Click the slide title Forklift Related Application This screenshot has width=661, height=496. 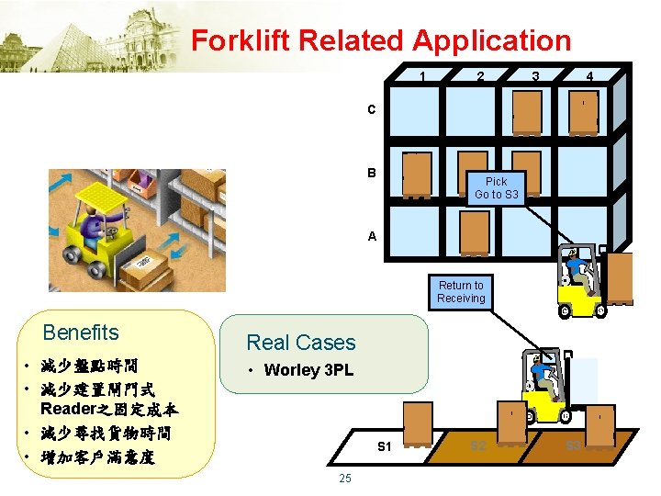point(381,40)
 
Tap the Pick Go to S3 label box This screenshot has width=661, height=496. point(496,187)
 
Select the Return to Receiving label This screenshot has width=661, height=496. point(461,292)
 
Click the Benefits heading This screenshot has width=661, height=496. point(81,333)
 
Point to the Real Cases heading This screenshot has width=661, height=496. point(300,343)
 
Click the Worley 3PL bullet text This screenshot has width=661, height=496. point(308,371)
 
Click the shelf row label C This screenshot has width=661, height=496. point(372,110)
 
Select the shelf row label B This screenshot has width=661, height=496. point(372,173)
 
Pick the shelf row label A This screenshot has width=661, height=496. point(372,236)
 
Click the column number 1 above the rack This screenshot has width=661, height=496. point(421,77)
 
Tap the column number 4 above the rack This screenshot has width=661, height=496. point(589,77)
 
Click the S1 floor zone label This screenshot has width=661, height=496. point(386,447)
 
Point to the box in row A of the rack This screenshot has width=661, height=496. point(475,233)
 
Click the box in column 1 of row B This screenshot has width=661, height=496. point(417,175)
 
